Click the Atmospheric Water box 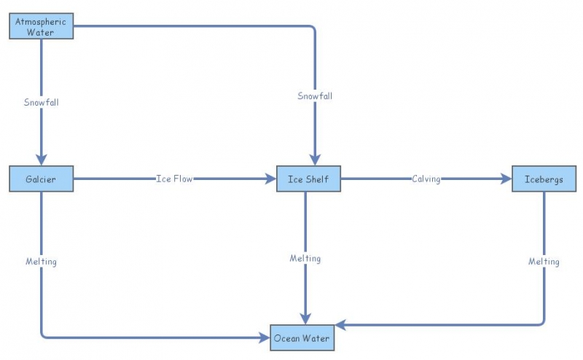41,27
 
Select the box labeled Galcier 41,179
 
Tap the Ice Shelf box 308,179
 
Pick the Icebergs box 544,179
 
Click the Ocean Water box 302,338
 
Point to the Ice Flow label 174,179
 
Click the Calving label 426,179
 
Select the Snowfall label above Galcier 41,103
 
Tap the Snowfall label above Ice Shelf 315,96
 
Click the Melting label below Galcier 41,261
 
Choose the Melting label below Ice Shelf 305,259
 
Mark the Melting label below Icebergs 544,262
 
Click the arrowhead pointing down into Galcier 41,160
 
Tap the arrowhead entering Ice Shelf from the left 270,179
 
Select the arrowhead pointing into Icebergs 506,179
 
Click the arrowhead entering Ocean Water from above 305,318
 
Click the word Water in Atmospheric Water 41,32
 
